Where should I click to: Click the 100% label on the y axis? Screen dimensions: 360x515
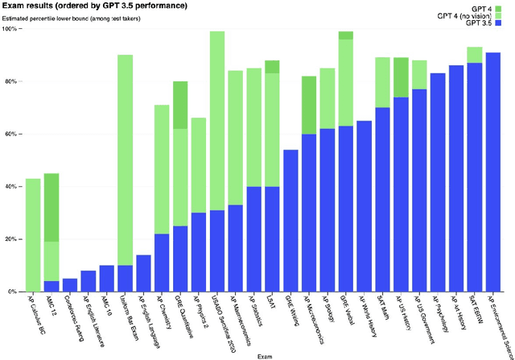click(12, 29)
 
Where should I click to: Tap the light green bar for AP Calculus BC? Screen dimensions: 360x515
click(33, 234)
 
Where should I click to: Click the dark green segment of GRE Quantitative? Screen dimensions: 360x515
click(180, 105)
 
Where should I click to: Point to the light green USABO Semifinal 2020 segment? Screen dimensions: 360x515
click(216, 120)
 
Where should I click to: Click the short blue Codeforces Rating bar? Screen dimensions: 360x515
click(70, 284)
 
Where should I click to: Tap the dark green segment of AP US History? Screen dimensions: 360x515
click(401, 77)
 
